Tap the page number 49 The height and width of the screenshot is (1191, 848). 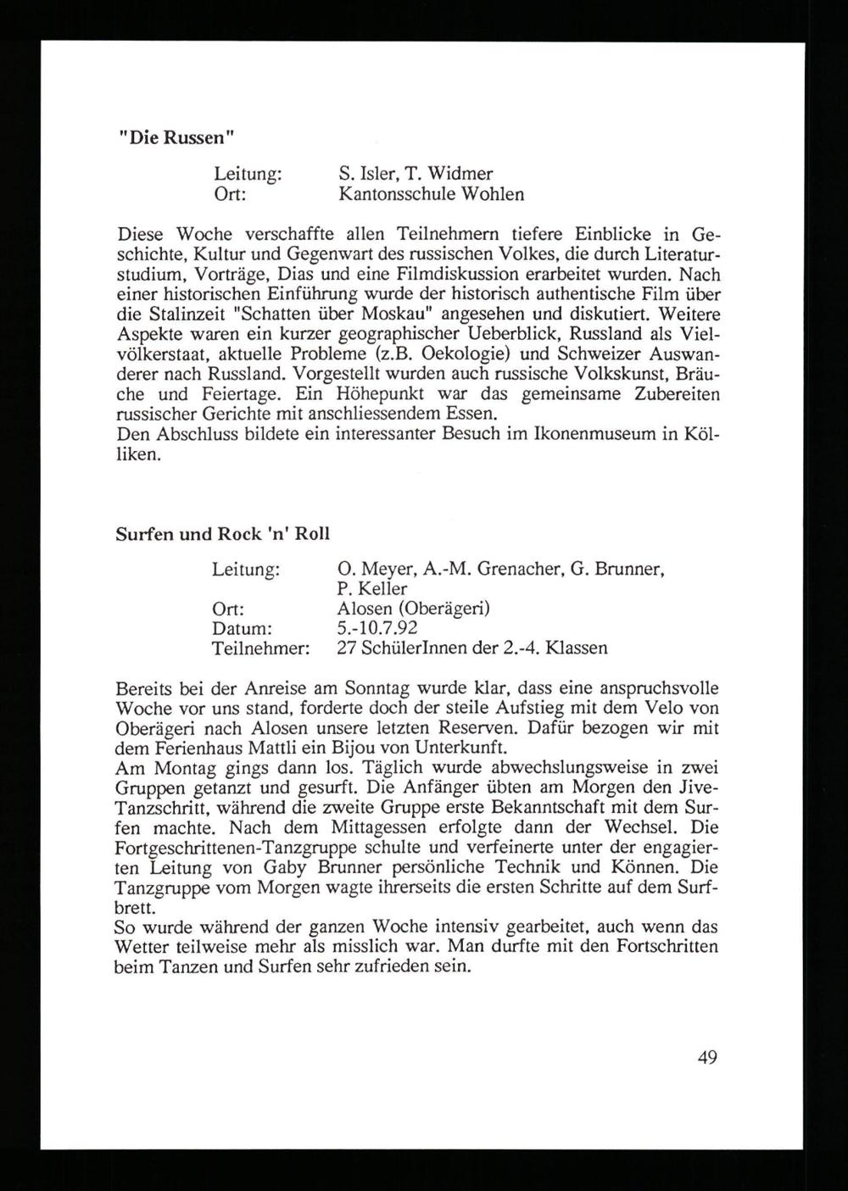pyautogui.click(x=708, y=1057)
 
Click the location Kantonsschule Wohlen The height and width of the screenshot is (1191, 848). pyautogui.click(x=431, y=194)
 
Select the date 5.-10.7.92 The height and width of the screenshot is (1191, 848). pyautogui.click(x=377, y=628)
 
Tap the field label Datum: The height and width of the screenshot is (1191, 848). pyautogui.click(x=241, y=628)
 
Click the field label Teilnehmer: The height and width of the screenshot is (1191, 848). pyautogui.click(x=259, y=648)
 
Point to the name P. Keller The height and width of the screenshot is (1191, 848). pyautogui.click(x=371, y=588)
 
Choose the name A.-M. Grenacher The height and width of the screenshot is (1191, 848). pyautogui.click(x=479, y=569)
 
